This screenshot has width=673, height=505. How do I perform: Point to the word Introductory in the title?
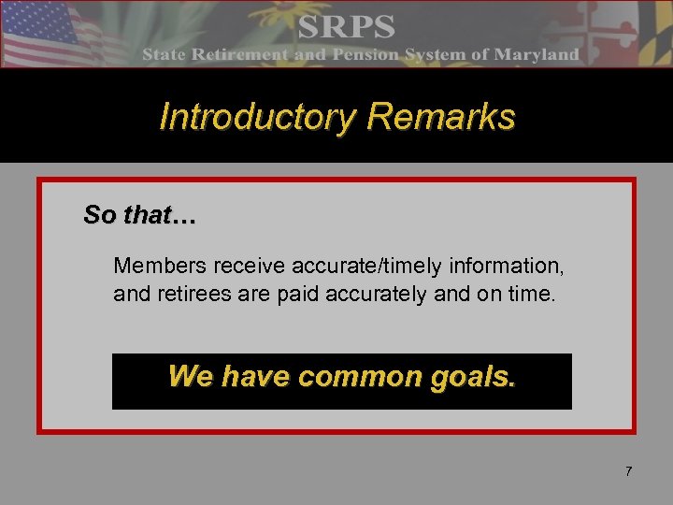258,118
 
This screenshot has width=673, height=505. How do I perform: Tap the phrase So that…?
139,215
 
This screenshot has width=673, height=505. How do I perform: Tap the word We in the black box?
190,377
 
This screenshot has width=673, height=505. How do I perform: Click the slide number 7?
629,471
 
